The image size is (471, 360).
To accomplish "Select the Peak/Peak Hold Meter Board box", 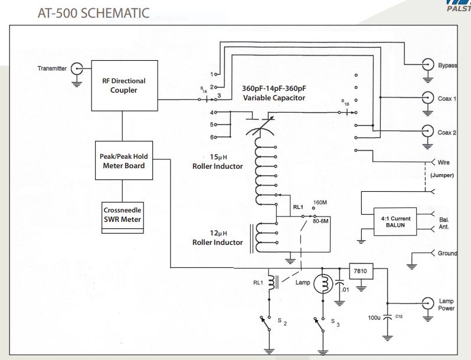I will coord(123,161).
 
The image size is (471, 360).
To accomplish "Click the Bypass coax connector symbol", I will coord(426,65).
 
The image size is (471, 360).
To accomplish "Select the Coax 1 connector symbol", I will coord(426,99).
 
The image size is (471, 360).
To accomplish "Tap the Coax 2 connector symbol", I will coord(426,132).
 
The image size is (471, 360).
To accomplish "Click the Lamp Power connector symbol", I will coord(426,305).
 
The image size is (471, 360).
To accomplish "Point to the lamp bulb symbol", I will coord(323,283).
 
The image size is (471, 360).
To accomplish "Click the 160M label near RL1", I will coord(320,202).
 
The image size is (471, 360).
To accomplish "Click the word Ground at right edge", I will coord(447,253).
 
